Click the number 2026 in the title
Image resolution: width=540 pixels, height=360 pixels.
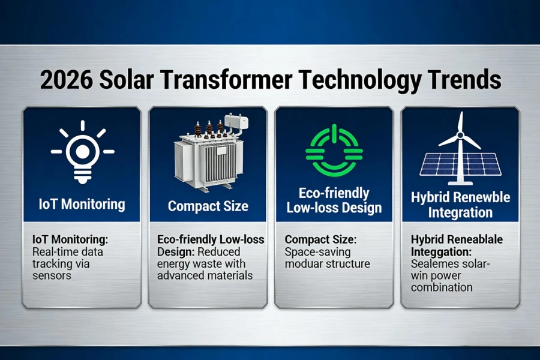click(65, 80)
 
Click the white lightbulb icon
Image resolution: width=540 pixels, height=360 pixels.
click(82, 152)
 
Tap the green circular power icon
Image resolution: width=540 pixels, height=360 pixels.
click(334, 151)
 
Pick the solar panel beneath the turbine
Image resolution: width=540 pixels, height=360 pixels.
click(460, 163)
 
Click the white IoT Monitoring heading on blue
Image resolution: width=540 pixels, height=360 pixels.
click(82, 204)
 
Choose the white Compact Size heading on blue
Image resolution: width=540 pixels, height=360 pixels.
click(208, 206)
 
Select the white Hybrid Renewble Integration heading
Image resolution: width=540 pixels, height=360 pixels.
click(460, 205)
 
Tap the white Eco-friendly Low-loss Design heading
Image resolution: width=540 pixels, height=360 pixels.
click(334, 201)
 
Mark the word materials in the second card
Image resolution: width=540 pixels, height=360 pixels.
click(232, 275)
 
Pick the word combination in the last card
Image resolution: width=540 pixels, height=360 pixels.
click(441, 287)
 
